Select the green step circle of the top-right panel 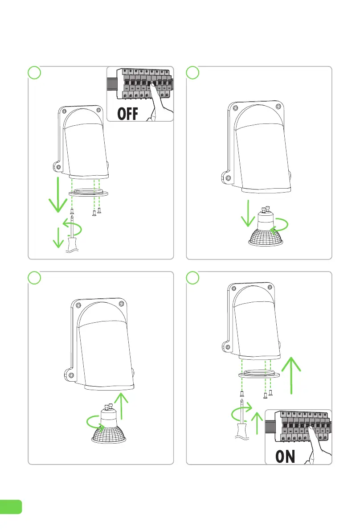tap(193, 72)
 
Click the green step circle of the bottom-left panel tap(35, 277)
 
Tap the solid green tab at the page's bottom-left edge tap(11, 506)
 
